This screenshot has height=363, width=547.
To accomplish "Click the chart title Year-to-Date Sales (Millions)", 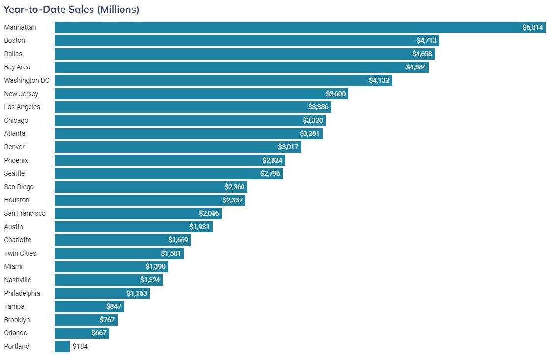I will pos(71,9).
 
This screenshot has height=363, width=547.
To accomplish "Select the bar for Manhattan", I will pos(285,27).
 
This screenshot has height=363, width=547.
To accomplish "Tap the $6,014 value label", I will pos(533,27).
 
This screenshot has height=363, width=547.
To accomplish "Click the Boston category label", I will pos(14,40).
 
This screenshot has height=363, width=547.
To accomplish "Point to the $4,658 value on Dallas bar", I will pos(422,54).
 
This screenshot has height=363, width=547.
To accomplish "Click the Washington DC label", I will pos(27,80).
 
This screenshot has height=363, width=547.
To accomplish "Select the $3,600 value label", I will pos(336,94).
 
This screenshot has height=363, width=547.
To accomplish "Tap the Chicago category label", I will pos(16,120).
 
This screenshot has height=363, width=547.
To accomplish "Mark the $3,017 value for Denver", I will pos(288,147).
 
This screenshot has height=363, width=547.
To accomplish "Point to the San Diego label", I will pos(19,187).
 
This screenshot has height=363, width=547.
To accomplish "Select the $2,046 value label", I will pos(209,213).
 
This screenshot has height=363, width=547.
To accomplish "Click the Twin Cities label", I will pos(20,253).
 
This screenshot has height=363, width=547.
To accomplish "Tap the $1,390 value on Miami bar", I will pos(155,266).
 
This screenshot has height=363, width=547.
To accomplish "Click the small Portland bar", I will pos(62,346).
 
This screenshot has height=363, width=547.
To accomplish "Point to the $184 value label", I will pos(80,346).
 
